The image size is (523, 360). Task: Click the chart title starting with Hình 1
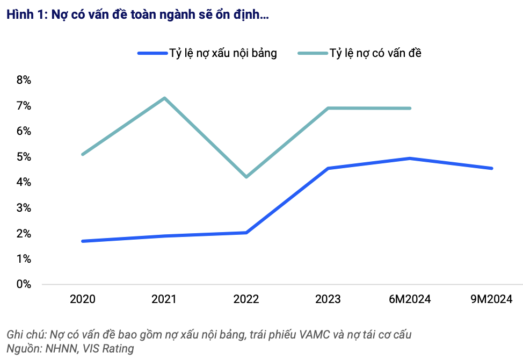(137, 15)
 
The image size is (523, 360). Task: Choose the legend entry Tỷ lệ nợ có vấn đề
(375, 53)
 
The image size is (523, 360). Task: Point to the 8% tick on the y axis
(24, 80)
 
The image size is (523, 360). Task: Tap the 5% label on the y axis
(24, 157)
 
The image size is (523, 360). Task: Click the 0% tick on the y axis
(24, 284)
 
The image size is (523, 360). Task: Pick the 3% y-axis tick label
(24, 208)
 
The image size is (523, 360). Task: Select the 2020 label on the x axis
(83, 299)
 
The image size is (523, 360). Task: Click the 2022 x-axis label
(246, 299)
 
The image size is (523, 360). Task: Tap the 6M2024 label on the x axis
(410, 299)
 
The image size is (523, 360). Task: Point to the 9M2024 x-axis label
(491, 299)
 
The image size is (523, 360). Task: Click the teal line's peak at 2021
(164, 98)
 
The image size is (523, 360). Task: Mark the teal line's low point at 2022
(246, 177)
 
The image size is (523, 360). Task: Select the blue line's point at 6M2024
(410, 159)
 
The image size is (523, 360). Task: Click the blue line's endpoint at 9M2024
(491, 168)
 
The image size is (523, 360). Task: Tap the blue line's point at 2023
(328, 168)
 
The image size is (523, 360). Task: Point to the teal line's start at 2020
(83, 154)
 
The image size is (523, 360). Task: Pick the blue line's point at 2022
(246, 233)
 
